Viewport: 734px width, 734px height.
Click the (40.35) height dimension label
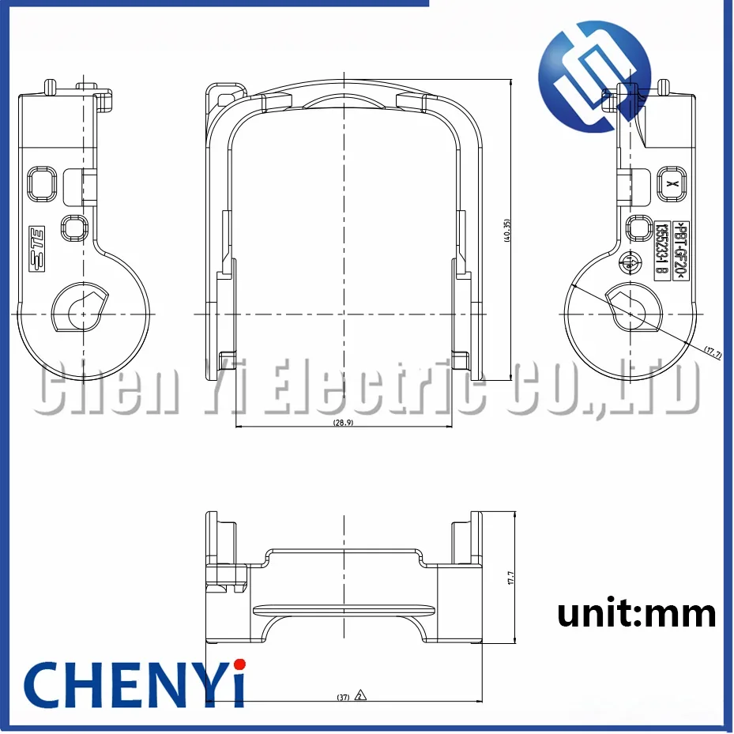pos(507,230)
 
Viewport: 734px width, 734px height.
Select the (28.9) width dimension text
pos(344,423)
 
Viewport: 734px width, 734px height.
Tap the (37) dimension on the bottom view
pos(343,697)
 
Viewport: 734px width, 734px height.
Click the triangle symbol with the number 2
pos(360,696)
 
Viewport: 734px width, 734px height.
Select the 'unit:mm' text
pos(637,612)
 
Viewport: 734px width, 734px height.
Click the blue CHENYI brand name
pos(134,684)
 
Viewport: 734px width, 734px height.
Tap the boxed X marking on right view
pos(671,183)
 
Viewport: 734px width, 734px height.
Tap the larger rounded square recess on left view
pos(40,183)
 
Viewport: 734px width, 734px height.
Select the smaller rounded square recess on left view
pos(74,228)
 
